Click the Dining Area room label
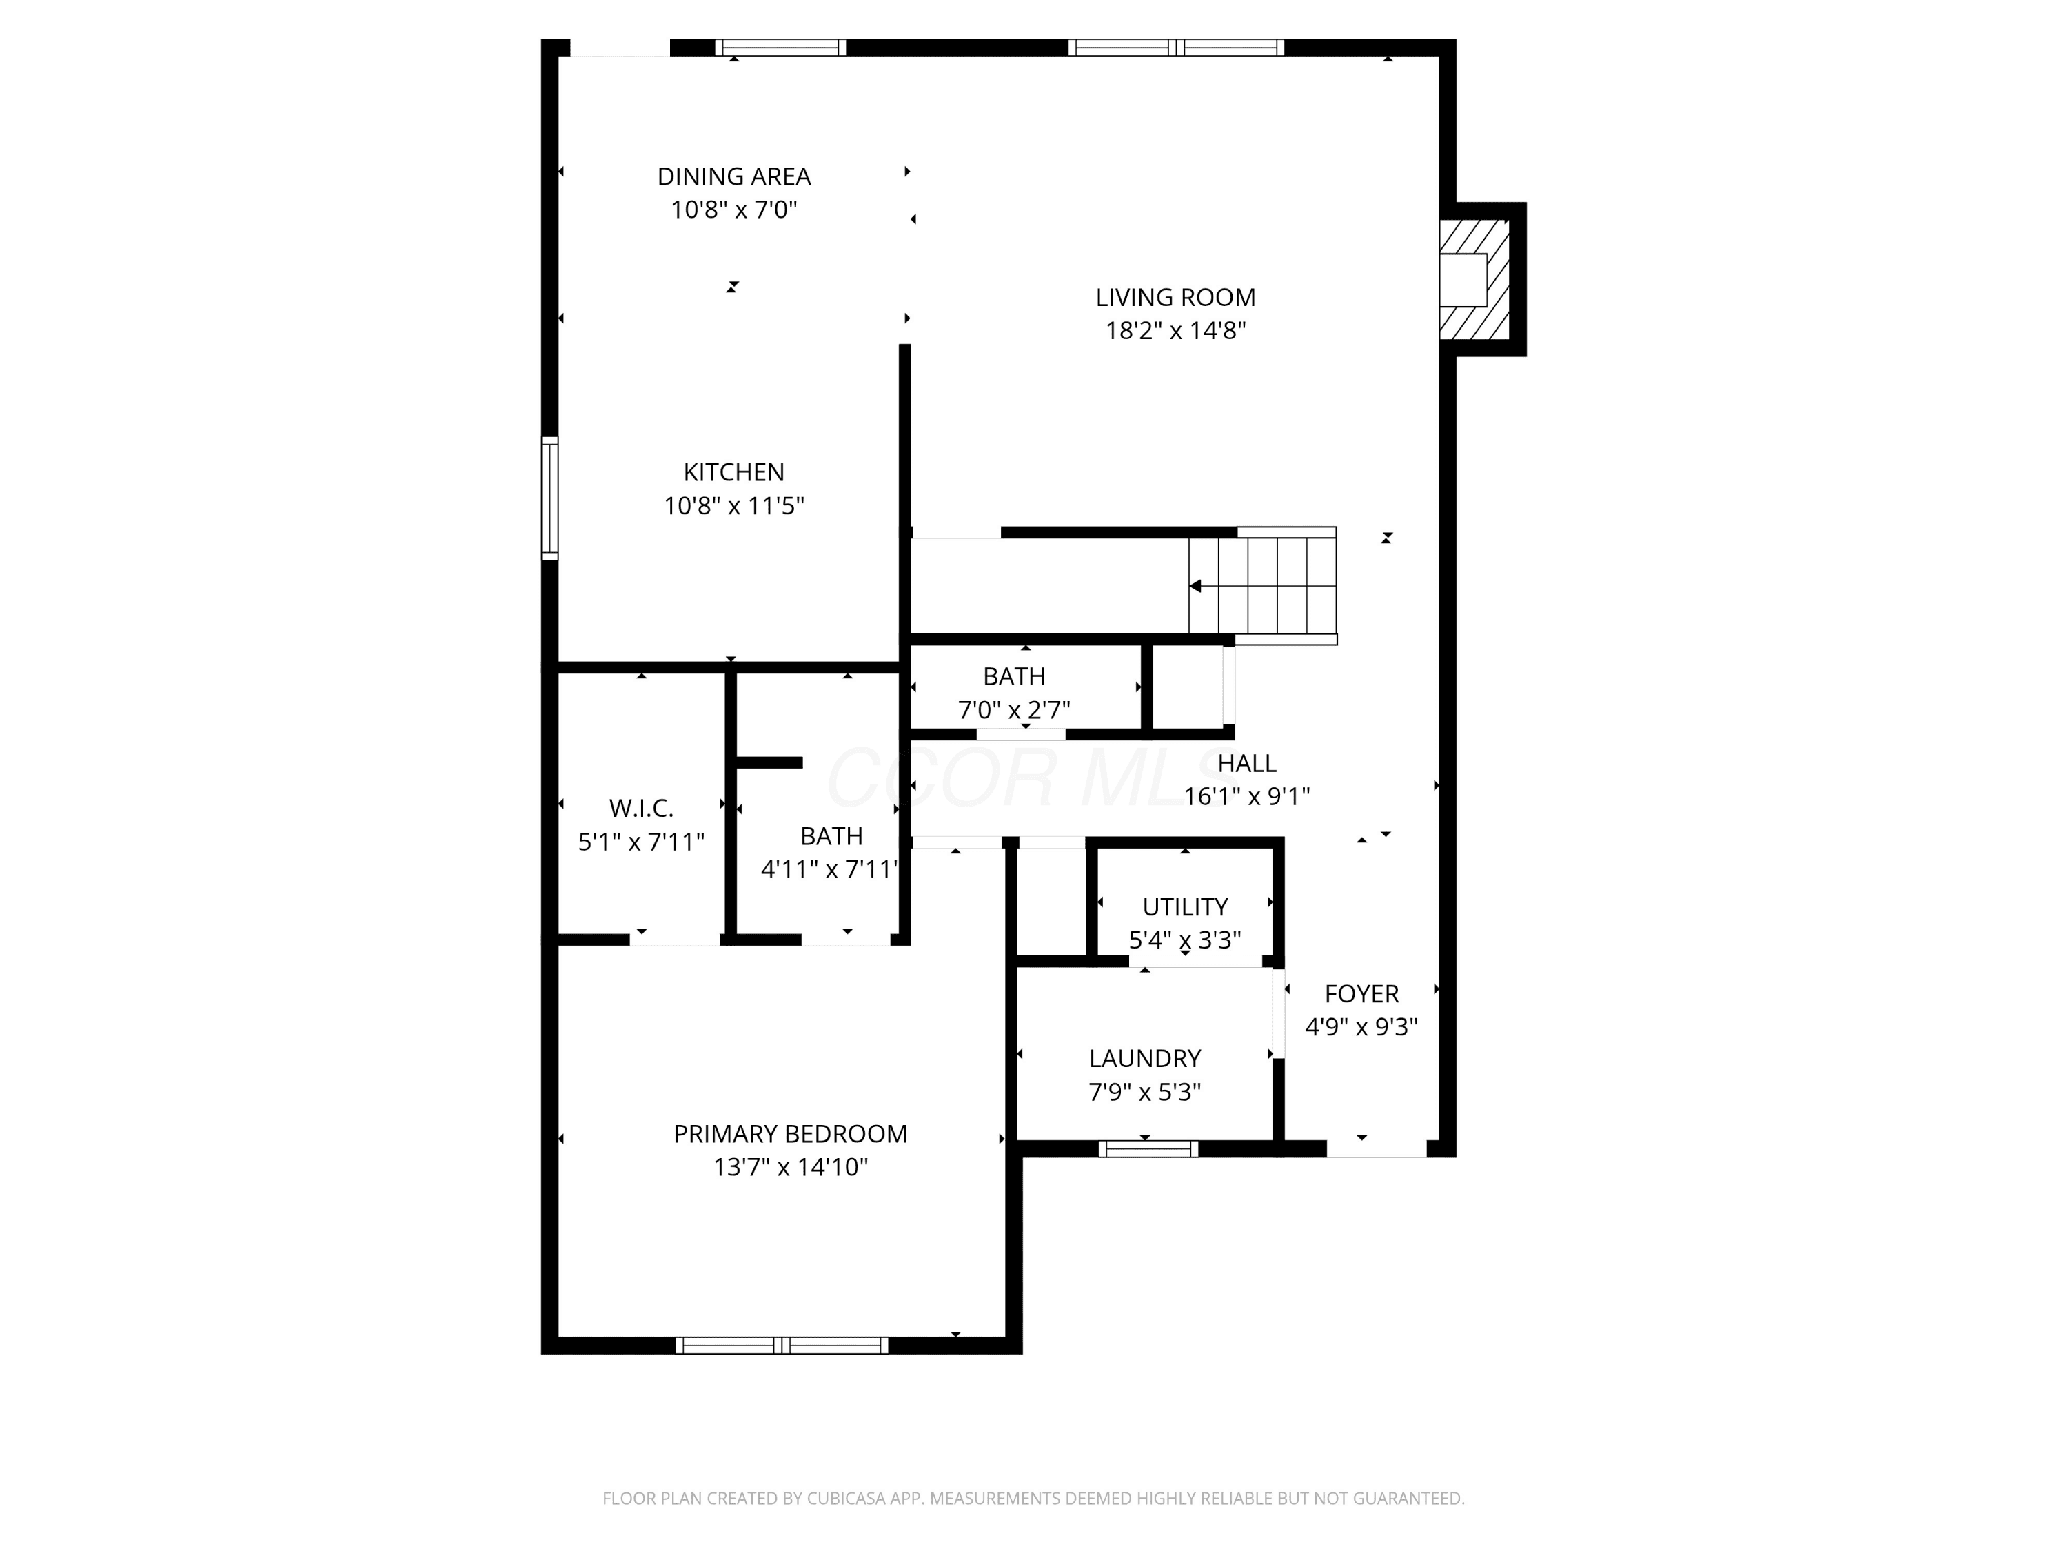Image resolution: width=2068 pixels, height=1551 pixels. (x=734, y=176)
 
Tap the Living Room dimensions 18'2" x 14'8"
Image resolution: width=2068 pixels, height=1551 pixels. (x=1175, y=331)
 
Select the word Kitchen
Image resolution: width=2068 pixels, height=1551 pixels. (x=734, y=472)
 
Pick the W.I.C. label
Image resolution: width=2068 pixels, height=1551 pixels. (x=641, y=808)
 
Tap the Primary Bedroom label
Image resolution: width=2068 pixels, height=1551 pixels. (x=790, y=1134)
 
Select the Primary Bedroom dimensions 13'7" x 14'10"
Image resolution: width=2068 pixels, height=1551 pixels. (x=791, y=1167)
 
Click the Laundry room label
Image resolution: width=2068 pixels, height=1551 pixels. (x=1144, y=1058)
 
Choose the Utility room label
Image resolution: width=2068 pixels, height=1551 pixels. (x=1184, y=907)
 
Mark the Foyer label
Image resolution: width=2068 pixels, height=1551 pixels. (x=1361, y=994)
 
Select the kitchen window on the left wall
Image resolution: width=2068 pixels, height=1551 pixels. (x=549, y=498)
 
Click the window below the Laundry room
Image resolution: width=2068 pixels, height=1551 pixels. (x=1148, y=1149)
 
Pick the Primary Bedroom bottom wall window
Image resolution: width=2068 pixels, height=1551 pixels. (x=782, y=1346)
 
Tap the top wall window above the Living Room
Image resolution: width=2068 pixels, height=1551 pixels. (x=1176, y=48)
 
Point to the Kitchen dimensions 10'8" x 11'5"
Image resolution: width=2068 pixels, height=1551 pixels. (x=734, y=506)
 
